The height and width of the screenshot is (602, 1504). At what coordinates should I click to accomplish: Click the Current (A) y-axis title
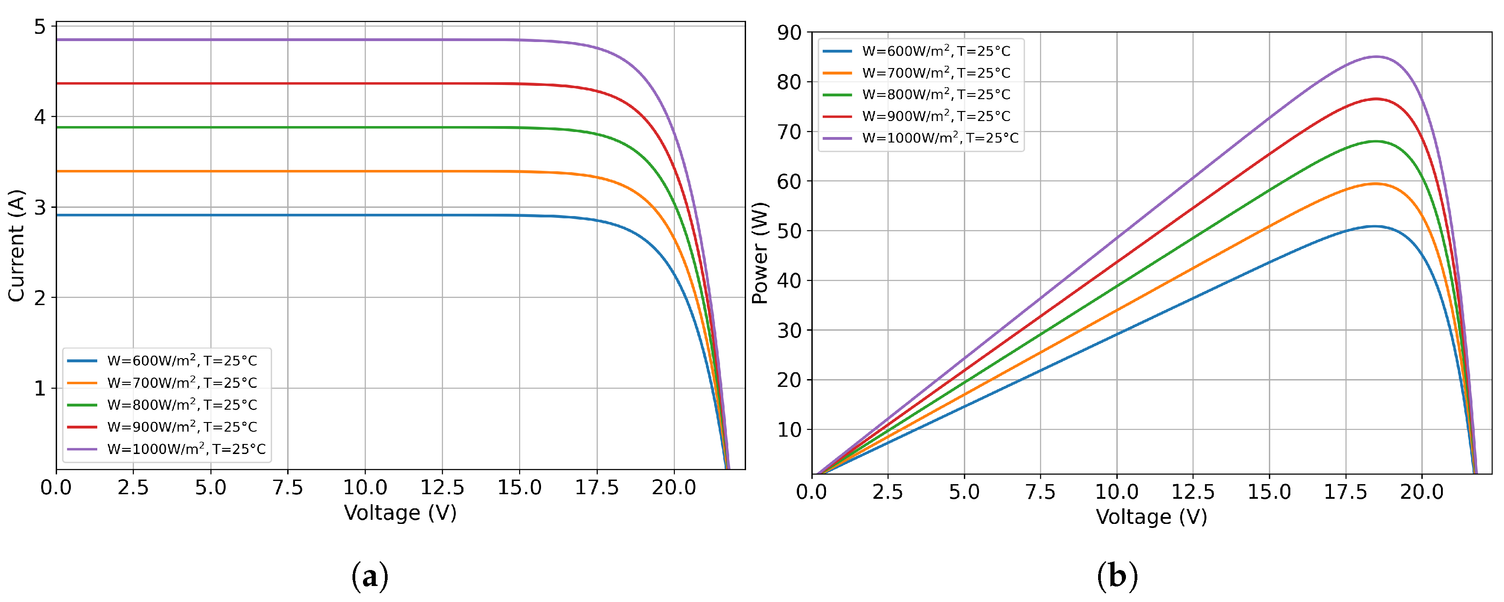pyautogui.click(x=16, y=246)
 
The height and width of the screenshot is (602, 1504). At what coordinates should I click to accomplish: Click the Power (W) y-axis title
pyautogui.click(x=760, y=253)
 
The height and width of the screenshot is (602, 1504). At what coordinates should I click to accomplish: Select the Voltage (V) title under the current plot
pyautogui.click(x=400, y=512)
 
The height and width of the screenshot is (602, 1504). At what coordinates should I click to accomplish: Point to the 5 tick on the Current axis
pyautogui.click(x=40, y=27)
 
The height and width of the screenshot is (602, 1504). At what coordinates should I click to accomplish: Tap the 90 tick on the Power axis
pyautogui.click(x=789, y=33)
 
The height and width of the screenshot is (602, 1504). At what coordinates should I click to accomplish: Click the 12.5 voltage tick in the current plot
pyautogui.click(x=442, y=487)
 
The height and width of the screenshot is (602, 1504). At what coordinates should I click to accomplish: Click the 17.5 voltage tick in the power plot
pyautogui.click(x=1345, y=491)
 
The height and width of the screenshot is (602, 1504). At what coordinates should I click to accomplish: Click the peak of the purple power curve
pyautogui.click(x=1376, y=57)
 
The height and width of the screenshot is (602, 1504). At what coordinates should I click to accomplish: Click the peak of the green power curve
pyautogui.click(x=1376, y=141)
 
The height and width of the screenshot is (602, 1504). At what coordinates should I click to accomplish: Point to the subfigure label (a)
pyautogui.click(x=369, y=577)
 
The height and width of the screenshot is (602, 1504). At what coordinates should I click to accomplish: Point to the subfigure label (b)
pyautogui.click(x=1117, y=577)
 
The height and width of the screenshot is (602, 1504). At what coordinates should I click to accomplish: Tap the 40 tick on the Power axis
pyautogui.click(x=789, y=281)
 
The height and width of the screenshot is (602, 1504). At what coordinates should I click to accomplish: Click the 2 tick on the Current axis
pyautogui.click(x=40, y=298)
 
